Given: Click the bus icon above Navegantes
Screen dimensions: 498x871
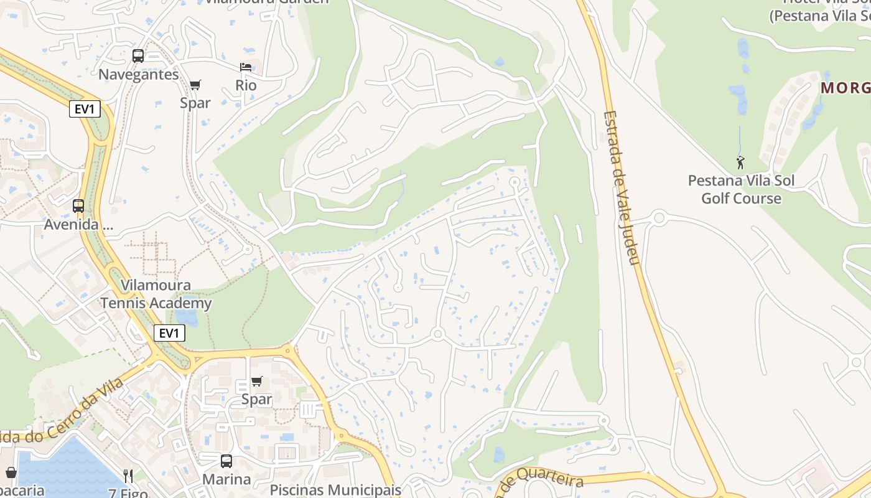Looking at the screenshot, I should [x=138, y=56].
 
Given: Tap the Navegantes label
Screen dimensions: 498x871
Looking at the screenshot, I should [x=138, y=75].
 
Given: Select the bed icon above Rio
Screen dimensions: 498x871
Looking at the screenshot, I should [x=246, y=67].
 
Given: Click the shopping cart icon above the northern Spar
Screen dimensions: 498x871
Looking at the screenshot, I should [x=195, y=85].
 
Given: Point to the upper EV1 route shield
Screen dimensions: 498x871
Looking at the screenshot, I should [x=84, y=110].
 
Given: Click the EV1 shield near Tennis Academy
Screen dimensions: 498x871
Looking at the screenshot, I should [x=169, y=333].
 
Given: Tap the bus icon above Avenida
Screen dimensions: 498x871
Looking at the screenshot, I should [x=78, y=206].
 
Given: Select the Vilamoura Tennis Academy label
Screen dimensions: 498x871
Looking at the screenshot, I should [x=156, y=294].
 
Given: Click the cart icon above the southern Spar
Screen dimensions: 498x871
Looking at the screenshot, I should [x=256, y=381].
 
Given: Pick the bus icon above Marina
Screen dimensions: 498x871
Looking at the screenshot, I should [x=226, y=461].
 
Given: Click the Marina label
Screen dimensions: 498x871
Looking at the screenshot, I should [x=226, y=479].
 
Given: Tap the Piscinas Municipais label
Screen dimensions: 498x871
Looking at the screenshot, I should [x=335, y=490].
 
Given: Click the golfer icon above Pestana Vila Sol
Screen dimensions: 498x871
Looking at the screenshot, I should [x=740, y=163].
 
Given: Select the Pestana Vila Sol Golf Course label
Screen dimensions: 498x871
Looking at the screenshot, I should [x=741, y=189].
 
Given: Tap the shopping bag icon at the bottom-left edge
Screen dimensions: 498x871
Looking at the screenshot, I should [x=11, y=473].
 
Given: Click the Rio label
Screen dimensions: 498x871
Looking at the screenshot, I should [x=246, y=85].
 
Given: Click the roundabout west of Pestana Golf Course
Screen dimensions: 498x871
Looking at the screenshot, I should [x=659, y=218].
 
